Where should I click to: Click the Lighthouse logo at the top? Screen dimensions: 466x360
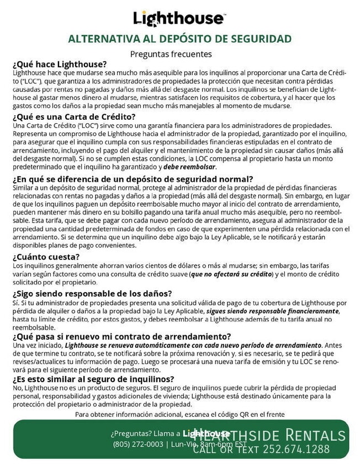point(178,18)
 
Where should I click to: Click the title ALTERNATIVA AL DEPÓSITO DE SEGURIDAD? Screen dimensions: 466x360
point(179,39)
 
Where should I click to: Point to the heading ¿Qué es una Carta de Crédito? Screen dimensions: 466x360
point(73,116)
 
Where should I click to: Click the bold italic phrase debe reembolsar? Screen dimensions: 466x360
point(190,166)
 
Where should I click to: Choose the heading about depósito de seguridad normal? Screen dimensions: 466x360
point(133,179)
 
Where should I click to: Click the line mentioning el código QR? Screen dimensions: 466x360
point(179,414)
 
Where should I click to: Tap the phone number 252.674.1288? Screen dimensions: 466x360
point(296,448)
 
